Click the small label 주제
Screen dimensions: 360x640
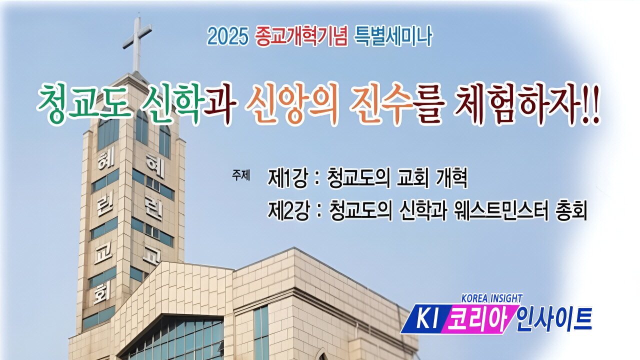(240, 175)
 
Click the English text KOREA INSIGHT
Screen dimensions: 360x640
(491, 298)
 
